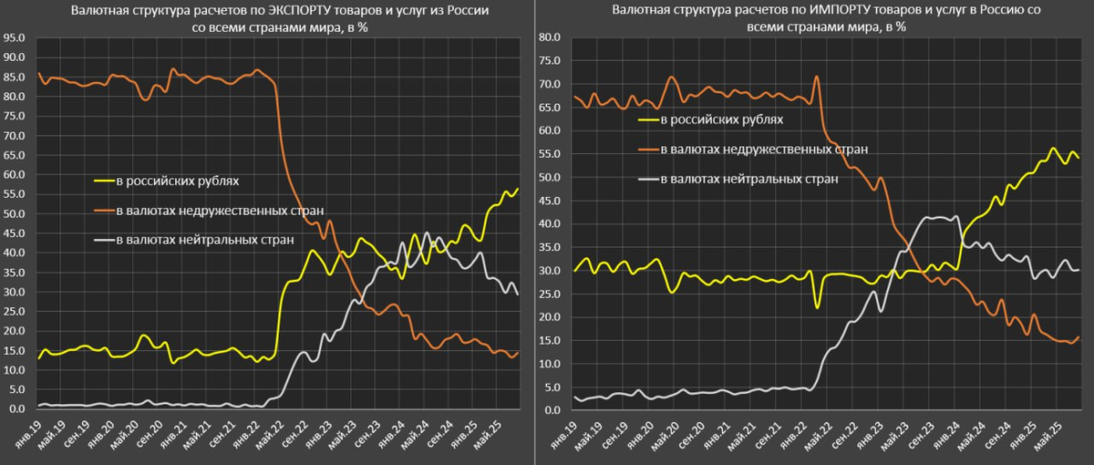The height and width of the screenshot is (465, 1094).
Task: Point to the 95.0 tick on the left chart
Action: coord(15,39)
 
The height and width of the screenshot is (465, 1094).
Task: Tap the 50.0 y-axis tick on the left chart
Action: coord(15,214)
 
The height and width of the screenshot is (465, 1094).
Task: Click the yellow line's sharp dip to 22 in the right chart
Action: coord(817,307)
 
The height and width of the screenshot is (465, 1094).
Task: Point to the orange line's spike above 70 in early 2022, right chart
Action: coord(816,77)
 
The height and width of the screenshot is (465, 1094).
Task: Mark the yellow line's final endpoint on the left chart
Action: coord(517,189)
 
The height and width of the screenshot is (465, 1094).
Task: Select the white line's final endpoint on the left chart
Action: coord(517,294)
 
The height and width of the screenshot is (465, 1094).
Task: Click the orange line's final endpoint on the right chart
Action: coord(1079,336)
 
